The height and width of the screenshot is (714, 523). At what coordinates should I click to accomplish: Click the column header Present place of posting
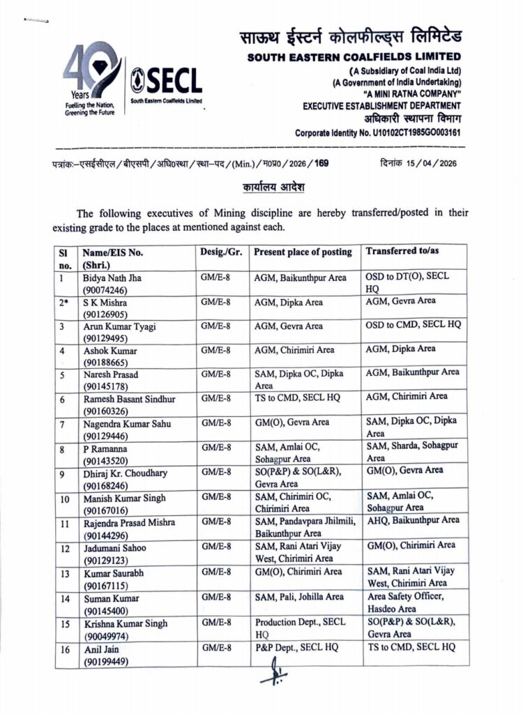click(x=303, y=252)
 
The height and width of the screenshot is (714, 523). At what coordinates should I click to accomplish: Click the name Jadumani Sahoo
click(x=114, y=548)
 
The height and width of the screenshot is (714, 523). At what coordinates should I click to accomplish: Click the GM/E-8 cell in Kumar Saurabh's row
click(x=215, y=572)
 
